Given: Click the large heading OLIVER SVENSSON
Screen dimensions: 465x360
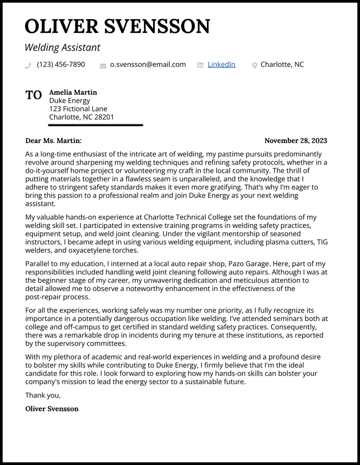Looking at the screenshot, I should tap(117, 27).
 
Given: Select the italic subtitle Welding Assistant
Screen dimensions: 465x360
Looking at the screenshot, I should tap(63, 47).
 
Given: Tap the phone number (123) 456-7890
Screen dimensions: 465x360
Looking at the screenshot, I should tap(61, 64).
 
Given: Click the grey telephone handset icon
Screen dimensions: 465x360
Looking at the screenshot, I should tap(28, 66).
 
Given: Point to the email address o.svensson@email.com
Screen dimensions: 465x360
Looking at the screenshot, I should tap(148, 64).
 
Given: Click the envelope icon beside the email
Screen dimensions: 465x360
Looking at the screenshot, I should tap(103, 66).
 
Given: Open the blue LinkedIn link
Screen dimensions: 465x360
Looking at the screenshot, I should tap(221, 64).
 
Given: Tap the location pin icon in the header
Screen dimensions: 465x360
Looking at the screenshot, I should tap(254, 66).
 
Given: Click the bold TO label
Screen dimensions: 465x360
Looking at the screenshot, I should tap(34, 95).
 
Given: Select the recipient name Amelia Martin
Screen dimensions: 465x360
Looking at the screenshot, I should tap(73, 92).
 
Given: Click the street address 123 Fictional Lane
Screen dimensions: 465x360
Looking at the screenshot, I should tap(78, 109).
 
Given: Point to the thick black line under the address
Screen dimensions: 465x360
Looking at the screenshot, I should tap(95, 125).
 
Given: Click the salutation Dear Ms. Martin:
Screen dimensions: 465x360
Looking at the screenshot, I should tap(53, 141).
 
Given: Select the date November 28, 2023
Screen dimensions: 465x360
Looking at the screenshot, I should tap(295, 141).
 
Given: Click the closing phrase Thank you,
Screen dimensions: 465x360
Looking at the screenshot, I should tap(43, 395).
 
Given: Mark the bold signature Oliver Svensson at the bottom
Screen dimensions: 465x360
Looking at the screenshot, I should tap(52, 409).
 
